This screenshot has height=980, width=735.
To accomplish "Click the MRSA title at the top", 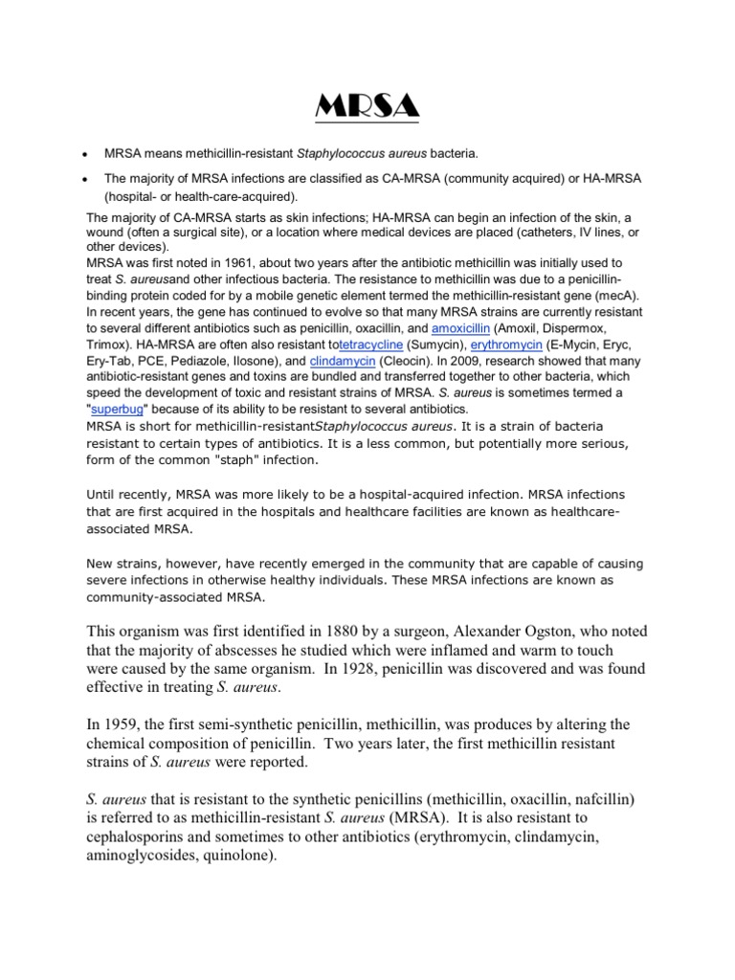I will coord(367,105).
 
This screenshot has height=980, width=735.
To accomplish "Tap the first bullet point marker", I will coord(87,154).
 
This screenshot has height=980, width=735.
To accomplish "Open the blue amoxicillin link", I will coord(463,328).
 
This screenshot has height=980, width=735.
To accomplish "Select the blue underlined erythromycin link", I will coord(503,344).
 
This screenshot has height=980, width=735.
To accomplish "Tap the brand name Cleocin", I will coord(392,360).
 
